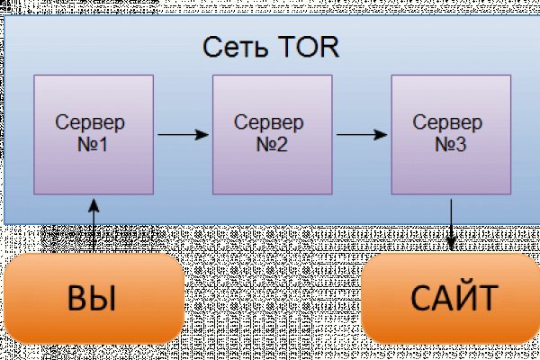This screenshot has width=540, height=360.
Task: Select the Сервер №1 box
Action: coord(94,134)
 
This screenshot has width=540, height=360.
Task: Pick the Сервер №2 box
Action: coord(272,134)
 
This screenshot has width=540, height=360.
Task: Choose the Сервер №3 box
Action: coord(451,134)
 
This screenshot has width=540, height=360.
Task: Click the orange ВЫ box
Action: coord(93,297)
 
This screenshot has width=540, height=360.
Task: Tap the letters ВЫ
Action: coord(93,298)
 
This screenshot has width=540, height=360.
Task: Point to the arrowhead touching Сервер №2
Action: coord(205,135)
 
